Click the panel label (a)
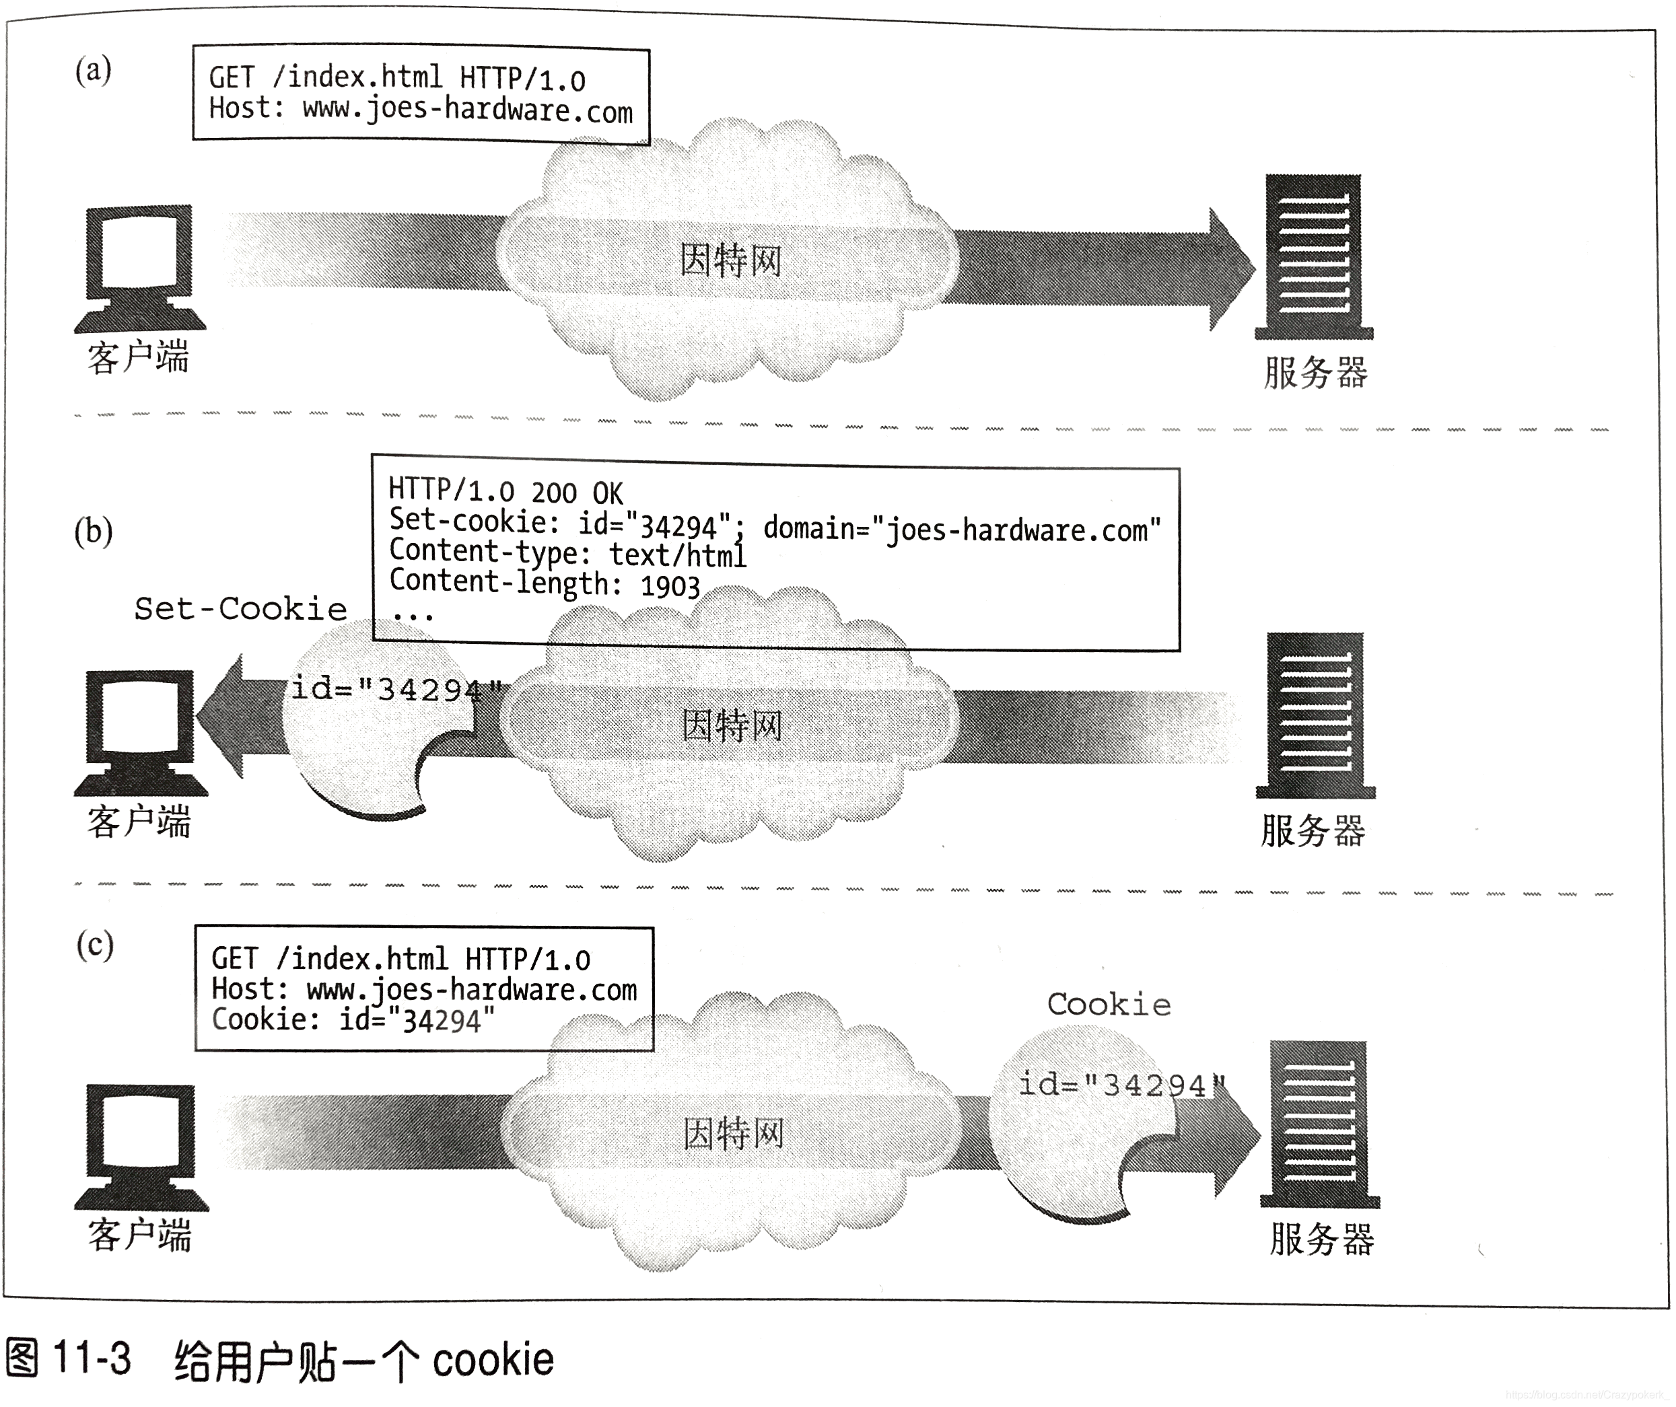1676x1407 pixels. click(x=94, y=70)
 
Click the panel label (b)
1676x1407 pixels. click(x=94, y=532)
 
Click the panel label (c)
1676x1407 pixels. click(x=95, y=945)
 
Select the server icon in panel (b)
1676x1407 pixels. click(x=1315, y=715)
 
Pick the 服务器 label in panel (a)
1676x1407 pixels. click(x=1315, y=373)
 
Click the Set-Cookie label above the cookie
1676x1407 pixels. click(x=240, y=609)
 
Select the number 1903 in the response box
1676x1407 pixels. click(x=670, y=587)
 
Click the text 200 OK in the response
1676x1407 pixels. click(x=577, y=493)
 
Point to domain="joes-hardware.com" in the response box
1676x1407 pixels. click(x=962, y=529)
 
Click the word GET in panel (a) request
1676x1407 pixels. click(x=232, y=77)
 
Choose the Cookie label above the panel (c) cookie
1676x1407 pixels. click(x=1109, y=1005)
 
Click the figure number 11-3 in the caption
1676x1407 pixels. click(x=92, y=1357)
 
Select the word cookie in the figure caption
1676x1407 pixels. click(x=493, y=1359)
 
